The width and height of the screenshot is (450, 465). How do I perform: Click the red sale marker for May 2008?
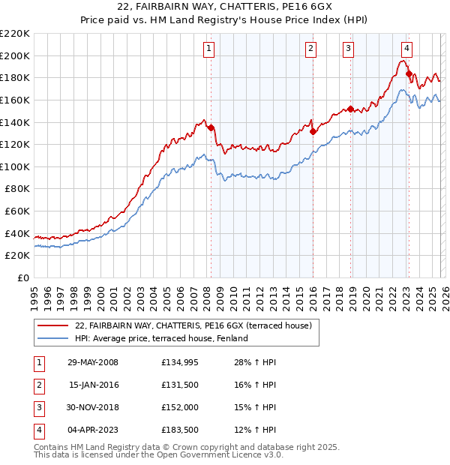tap(211, 127)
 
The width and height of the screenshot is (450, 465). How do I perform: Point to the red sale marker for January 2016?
tap(313, 131)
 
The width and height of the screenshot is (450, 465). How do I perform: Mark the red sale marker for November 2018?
tap(350, 109)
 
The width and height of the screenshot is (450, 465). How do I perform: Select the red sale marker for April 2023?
tap(409, 73)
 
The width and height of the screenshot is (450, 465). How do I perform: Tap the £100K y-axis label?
tap(15, 166)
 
